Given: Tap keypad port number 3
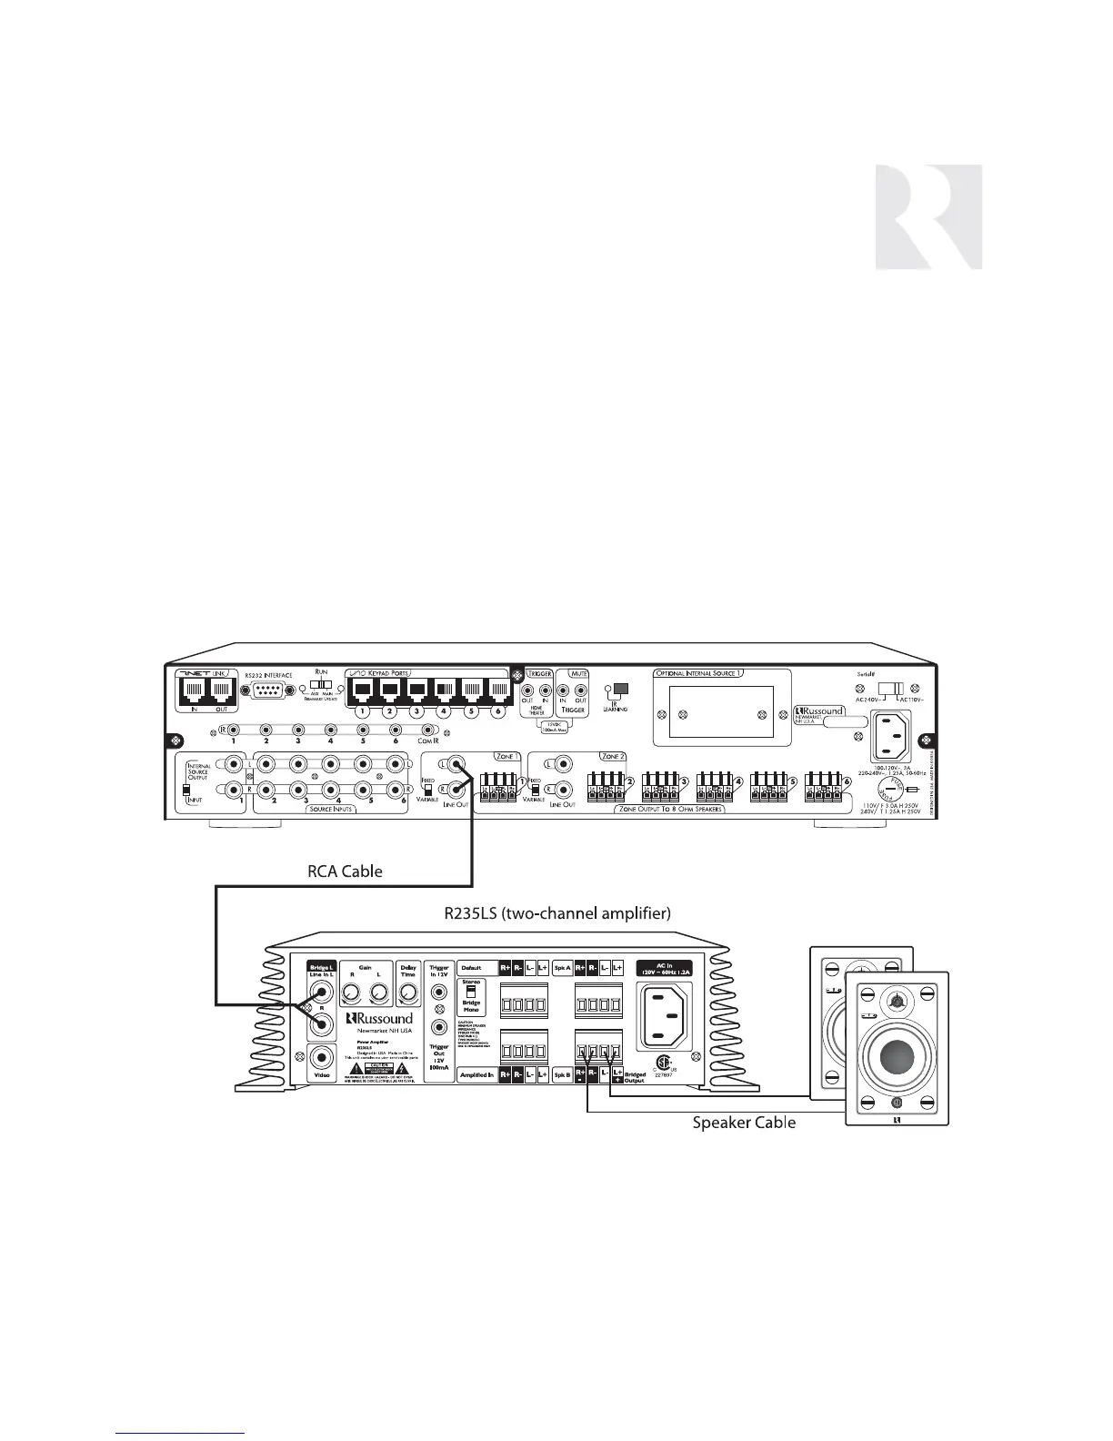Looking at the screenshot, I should pos(417,688).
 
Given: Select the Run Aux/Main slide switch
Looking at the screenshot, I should pos(320,681).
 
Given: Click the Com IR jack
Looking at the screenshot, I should pos(427,730).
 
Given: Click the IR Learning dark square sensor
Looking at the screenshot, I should pos(622,689).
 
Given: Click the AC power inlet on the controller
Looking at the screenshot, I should pos(897,736).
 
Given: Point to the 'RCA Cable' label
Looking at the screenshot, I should pos(345,871).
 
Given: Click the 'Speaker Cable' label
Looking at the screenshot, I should pos(744,1123).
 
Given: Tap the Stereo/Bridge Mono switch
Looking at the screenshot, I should pos(471,993).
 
